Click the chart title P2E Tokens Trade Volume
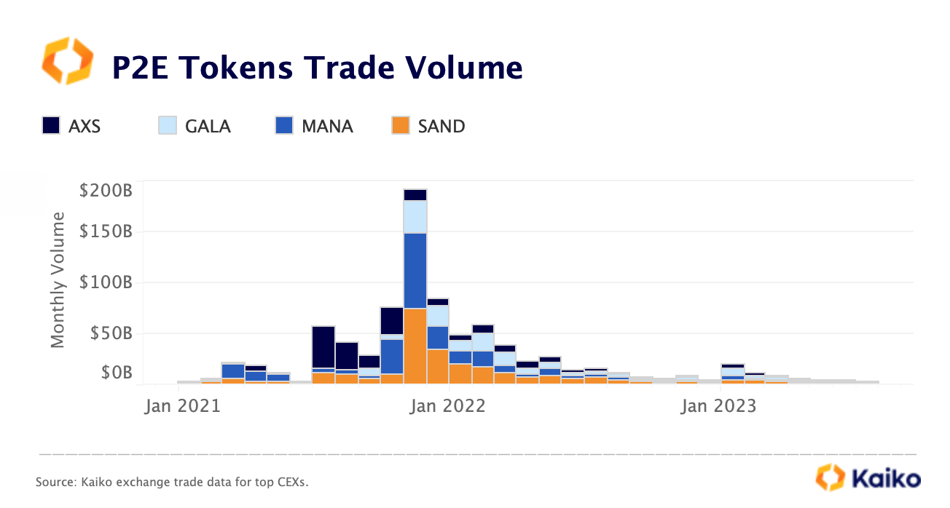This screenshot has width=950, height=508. tap(317, 68)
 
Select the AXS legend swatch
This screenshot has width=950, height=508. tap(51, 126)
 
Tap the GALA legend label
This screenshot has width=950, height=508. tap(208, 126)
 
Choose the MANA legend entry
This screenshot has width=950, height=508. tap(327, 126)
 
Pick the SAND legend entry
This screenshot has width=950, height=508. tap(441, 126)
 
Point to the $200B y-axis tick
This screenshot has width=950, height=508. tap(106, 191)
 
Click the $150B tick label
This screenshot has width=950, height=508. tap(106, 232)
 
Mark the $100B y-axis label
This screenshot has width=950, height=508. tap(106, 282)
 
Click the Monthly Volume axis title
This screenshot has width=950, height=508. tap(58, 279)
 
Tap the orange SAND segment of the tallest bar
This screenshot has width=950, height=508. tap(415, 346)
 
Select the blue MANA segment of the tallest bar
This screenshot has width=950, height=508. tap(415, 271)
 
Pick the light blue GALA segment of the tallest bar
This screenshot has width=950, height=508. tap(415, 217)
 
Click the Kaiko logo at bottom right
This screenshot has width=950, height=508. tap(868, 478)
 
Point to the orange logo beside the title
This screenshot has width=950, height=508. tap(68, 61)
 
